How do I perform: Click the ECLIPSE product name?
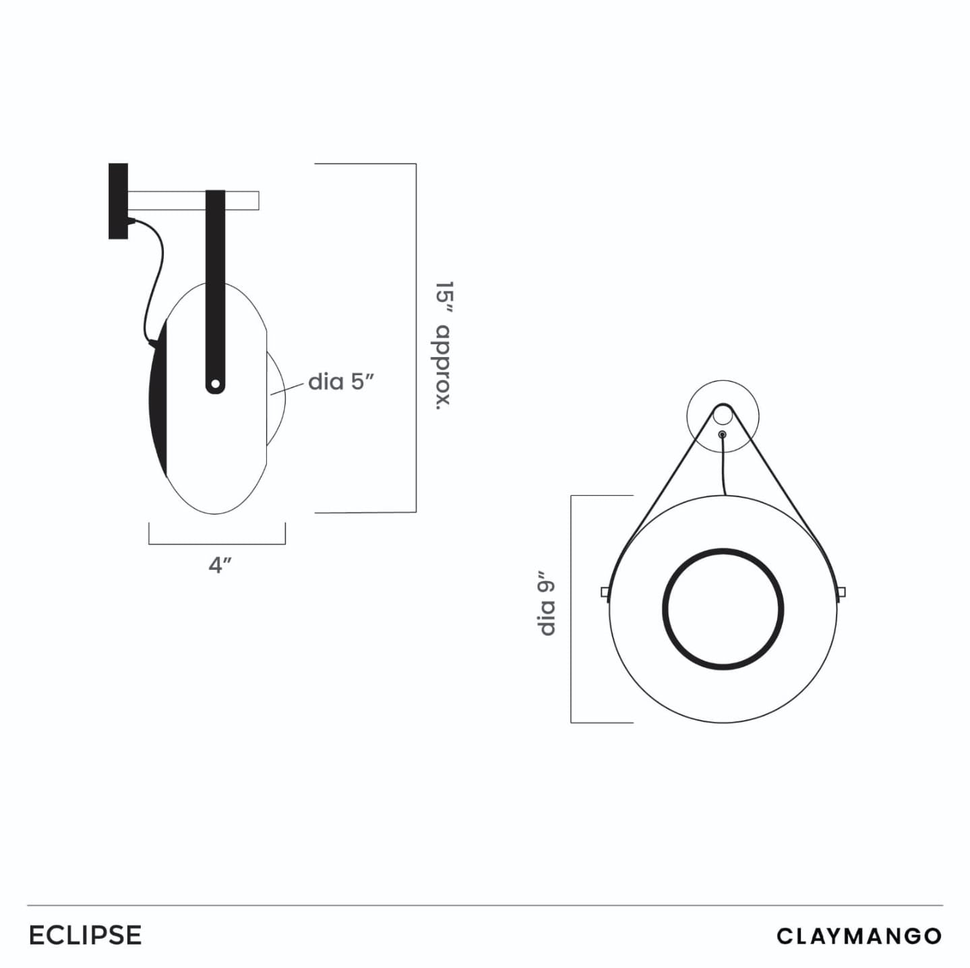86,935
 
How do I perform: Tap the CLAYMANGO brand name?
859,936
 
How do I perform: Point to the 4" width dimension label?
220,565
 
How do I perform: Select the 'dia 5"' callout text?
341,383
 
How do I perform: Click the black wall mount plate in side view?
118,201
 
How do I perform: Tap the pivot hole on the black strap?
216,385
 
